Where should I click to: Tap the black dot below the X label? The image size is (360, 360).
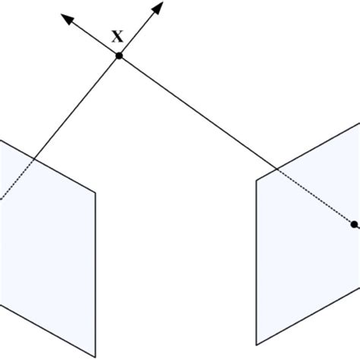[x=119, y=55]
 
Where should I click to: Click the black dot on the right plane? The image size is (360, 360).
[x=353, y=223]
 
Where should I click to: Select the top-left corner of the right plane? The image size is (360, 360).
[x=257, y=181]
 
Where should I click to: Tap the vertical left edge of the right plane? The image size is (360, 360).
[x=257, y=258]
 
